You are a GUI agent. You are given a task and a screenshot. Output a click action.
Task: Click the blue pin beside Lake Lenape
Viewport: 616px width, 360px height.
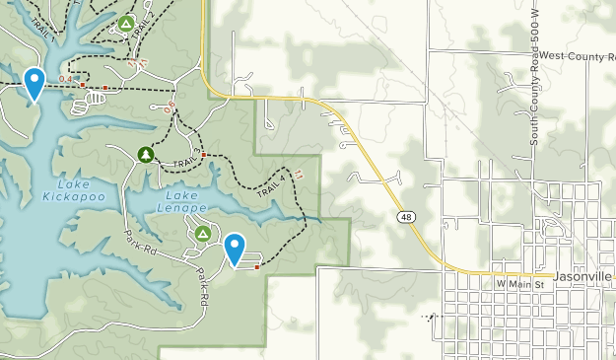click(235, 248)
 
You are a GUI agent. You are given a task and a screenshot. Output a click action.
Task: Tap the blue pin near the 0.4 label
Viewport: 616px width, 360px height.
click(34, 83)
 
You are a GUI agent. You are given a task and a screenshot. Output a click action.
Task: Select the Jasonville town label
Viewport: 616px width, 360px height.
click(583, 278)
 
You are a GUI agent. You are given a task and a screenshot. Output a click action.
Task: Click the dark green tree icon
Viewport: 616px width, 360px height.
click(146, 154)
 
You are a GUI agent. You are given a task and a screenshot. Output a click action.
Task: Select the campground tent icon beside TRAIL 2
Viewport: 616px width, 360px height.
click(125, 22)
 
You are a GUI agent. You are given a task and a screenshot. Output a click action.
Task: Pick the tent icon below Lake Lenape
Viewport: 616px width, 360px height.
click(202, 234)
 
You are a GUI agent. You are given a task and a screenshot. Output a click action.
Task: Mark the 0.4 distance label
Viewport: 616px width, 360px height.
click(65, 79)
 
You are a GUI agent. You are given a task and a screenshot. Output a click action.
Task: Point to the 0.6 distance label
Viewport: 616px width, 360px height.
click(171, 103)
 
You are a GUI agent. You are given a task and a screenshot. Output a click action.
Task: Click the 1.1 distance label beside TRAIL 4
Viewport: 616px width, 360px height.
click(298, 174)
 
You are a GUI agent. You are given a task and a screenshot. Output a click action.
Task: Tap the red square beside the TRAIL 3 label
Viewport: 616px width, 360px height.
click(204, 155)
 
